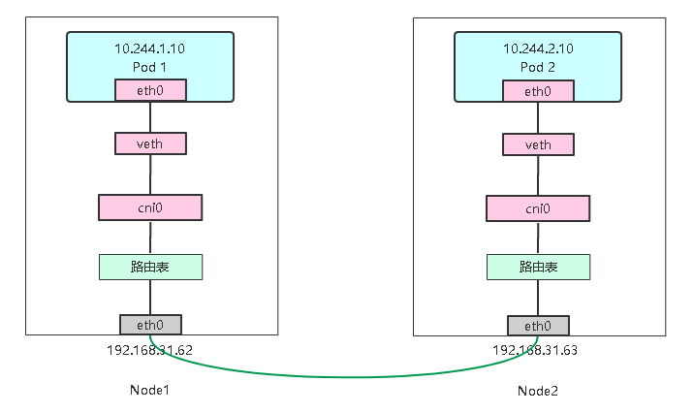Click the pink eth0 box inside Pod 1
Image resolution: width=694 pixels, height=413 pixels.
click(150, 91)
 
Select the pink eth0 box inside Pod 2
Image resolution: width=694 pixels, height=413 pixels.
click(538, 91)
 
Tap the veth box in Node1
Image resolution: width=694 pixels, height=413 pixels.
click(150, 143)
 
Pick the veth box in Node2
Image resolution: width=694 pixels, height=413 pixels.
click(538, 144)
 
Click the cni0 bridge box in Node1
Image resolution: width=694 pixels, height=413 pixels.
click(150, 207)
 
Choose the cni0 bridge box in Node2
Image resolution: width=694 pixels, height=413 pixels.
click(538, 208)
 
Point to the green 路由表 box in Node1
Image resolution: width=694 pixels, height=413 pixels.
click(150, 267)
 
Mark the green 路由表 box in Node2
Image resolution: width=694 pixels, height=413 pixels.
click(538, 267)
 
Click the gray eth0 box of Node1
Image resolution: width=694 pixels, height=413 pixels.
click(150, 325)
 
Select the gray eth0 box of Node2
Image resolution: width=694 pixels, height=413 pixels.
click(538, 326)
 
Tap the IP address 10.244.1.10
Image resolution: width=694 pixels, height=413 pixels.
click(150, 48)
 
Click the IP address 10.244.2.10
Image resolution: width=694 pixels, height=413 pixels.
click(538, 48)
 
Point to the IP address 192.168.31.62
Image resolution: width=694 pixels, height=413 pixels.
click(150, 349)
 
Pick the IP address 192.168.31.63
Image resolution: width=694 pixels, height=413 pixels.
click(535, 350)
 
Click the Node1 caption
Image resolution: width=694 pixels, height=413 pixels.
click(150, 390)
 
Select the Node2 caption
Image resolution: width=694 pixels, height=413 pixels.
click(538, 391)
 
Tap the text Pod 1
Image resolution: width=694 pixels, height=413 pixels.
click(150, 66)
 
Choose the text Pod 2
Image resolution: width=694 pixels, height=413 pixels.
click(538, 66)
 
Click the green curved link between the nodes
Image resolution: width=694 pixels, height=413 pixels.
click(344, 376)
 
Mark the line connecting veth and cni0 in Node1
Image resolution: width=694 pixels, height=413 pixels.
click(150, 175)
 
